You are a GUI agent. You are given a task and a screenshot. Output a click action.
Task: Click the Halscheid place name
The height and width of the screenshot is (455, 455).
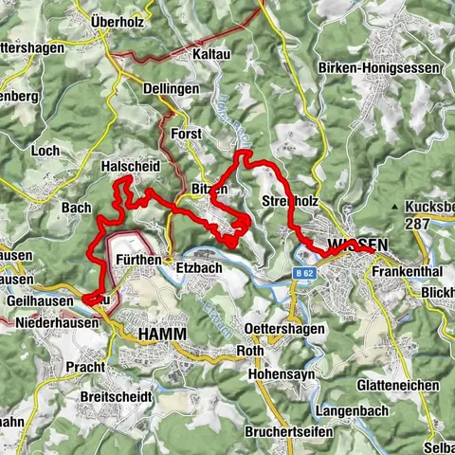(130, 165)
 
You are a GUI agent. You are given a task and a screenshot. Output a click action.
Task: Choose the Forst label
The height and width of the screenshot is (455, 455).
(188, 135)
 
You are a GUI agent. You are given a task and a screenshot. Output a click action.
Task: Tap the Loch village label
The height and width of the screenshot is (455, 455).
(45, 151)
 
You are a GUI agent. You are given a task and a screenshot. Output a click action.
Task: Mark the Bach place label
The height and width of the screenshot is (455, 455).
(75, 208)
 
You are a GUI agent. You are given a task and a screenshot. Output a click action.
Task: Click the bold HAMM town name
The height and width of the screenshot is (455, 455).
(162, 334)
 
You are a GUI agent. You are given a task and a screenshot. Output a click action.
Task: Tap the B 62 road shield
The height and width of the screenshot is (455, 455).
(302, 273)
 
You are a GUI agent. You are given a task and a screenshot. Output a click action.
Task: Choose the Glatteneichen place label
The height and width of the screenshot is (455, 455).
(398, 386)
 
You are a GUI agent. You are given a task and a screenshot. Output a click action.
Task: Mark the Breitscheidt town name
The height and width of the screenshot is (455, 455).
(115, 395)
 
